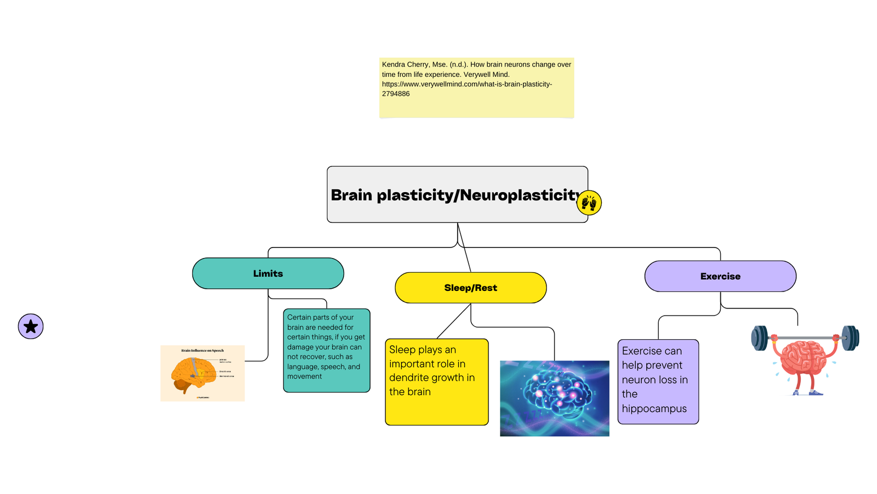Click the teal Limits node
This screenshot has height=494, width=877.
coord(267,273)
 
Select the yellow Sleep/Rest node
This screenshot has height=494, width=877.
coord(470,288)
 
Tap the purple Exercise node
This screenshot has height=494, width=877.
coord(720,276)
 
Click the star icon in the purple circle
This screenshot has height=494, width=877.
coord(31,327)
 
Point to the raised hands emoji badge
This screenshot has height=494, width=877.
coord(589,203)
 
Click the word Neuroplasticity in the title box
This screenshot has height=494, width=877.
coord(520,195)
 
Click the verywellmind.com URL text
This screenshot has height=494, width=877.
coord(466,84)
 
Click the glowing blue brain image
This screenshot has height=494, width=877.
coord(554,398)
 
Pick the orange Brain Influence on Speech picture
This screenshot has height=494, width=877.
coord(202,373)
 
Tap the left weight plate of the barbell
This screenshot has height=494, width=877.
coord(760,338)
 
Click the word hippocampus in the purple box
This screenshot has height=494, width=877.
coord(654,408)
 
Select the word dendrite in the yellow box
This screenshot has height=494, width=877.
coord(407,378)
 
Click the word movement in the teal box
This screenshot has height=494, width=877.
coord(304,377)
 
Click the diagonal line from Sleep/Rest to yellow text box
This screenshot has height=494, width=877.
coord(454,321)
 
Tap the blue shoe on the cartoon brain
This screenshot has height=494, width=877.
coord(816,392)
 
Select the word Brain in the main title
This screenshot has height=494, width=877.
coord(351,195)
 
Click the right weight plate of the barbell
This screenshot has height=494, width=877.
coord(850,338)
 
